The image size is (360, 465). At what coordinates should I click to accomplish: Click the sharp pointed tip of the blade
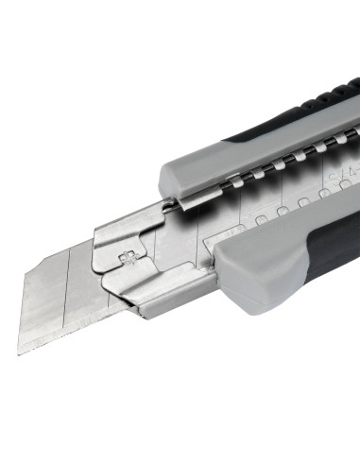pyautogui.click(x=19, y=352)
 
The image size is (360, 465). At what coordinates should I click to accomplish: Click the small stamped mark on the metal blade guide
pyautogui.click(x=126, y=256)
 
